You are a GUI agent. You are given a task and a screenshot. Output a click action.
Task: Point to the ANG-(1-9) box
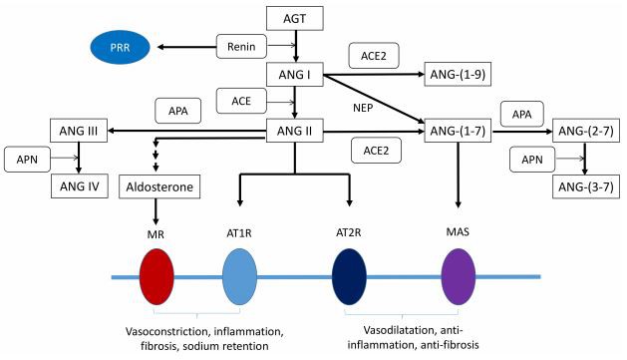tap(461, 74)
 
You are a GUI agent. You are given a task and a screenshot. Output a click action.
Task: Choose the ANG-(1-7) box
tap(461, 130)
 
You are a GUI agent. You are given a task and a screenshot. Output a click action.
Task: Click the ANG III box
tap(78, 130)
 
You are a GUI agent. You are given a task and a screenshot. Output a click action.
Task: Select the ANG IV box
tap(78, 185)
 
